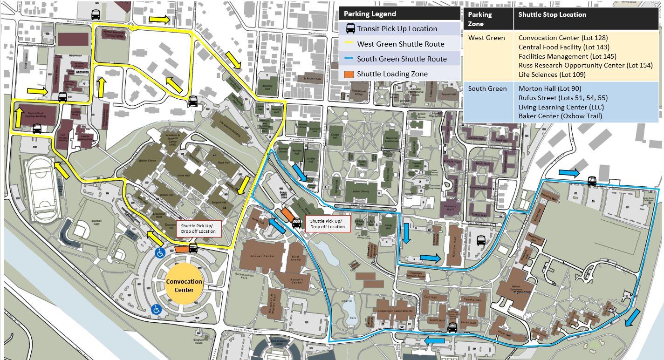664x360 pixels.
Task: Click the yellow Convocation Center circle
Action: click(x=184, y=285)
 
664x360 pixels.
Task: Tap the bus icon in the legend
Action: click(x=350, y=29)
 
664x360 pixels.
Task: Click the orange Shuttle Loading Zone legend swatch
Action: click(x=349, y=74)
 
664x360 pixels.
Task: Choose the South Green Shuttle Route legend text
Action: click(x=402, y=59)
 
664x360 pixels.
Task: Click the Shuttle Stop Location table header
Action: click(x=552, y=14)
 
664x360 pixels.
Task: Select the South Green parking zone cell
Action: click(x=487, y=88)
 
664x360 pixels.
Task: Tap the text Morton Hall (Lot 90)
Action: click(x=550, y=88)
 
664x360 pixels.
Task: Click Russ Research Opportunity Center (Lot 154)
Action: click(x=585, y=65)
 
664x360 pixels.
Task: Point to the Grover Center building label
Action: click(x=263, y=256)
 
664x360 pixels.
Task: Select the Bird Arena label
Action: click(x=295, y=259)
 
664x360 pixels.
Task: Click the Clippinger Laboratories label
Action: click(x=394, y=311)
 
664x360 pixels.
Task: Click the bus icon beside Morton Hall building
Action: click(x=481, y=240)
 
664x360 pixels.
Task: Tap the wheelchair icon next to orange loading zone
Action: click(x=159, y=253)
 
